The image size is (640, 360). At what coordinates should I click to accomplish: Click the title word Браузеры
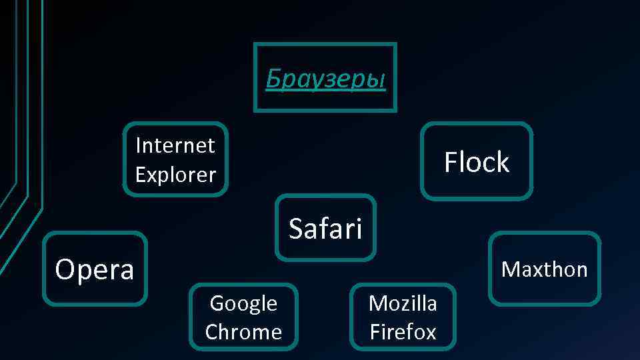pos(325,79)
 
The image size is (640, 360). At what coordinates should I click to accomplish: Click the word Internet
pos(175,145)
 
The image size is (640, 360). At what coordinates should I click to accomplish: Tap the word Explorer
pos(175,175)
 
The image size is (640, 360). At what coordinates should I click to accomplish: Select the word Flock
pos(477,162)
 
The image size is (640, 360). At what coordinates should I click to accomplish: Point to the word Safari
pos(325,229)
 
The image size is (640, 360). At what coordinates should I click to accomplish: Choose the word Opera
pos(95,269)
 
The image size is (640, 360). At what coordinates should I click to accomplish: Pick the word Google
pos(243,303)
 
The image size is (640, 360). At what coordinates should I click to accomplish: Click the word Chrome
pos(243,331)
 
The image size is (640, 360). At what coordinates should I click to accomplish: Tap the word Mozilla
pos(403,303)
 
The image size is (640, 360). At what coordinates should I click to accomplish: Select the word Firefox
pos(403,331)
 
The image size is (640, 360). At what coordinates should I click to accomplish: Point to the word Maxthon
pos(544,269)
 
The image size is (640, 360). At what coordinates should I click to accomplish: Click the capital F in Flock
pos(451,162)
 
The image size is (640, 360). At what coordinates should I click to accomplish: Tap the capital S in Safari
pos(296,229)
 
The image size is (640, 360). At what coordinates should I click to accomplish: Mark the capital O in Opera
pos(65,269)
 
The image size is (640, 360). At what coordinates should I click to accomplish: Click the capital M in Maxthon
pos(509,269)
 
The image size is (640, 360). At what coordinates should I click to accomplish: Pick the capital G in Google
pos(217,303)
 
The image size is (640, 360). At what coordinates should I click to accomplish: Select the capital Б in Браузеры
pos(273,79)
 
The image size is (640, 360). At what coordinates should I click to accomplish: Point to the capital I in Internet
pos(138,145)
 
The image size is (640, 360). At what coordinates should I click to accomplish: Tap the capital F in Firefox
pos(374,331)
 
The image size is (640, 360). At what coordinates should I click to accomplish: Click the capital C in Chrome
pos(211,331)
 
